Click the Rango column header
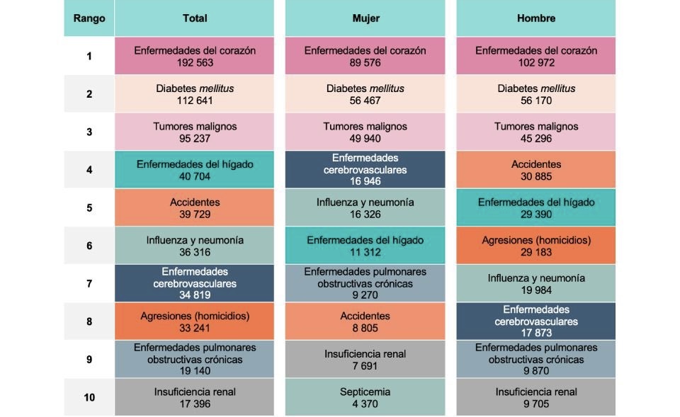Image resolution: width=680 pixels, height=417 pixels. (x=89, y=18)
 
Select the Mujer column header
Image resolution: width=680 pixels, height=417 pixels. (x=365, y=18)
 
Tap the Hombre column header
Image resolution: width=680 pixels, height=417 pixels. (x=536, y=18)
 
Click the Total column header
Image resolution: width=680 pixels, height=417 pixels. (x=195, y=18)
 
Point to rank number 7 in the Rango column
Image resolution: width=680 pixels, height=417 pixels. (x=89, y=283)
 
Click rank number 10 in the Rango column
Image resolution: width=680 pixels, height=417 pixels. (x=89, y=397)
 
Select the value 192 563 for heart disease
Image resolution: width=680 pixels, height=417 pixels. (x=195, y=62)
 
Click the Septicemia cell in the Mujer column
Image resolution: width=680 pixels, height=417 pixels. (x=365, y=397)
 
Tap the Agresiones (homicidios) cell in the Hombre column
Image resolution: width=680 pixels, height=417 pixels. (x=536, y=246)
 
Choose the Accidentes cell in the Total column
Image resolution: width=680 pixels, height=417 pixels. (x=195, y=207)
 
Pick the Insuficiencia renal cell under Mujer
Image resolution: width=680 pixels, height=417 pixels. (x=365, y=359)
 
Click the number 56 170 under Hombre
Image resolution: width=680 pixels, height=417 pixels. (x=536, y=101)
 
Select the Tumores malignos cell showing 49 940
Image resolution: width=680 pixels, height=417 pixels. (x=365, y=132)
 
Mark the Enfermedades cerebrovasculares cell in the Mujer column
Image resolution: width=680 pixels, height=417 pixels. (x=365, y=169)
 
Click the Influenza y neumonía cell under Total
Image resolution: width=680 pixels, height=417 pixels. (x=195, y=246)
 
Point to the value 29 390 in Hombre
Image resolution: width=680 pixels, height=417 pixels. (x=536, y=215)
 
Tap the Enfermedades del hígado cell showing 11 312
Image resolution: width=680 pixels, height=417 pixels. (x=365, y=246)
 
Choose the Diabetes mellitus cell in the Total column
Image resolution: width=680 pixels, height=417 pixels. (x=195, y=94)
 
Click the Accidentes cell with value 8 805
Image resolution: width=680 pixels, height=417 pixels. (x=365, y=321)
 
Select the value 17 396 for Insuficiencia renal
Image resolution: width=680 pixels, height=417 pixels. (x=195, y=404)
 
